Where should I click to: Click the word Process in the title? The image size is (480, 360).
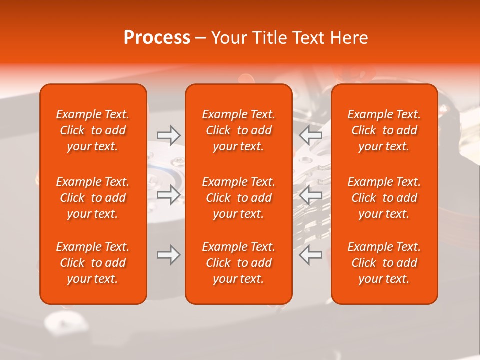click(157, 38)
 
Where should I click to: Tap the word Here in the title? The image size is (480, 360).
click(349, 38)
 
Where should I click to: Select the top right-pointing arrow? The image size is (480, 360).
click(169, 135)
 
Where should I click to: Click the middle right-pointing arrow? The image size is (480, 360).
click(169, 195)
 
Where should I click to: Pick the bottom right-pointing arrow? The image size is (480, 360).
click(169, 255)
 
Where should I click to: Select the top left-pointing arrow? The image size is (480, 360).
click(311, 135)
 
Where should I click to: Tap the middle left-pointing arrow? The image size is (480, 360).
click(311, 195)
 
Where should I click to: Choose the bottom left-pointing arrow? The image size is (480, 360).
click(311, 255)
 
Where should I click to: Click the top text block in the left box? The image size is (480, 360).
click(93, 130)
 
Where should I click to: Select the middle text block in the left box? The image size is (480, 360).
click(93, 198)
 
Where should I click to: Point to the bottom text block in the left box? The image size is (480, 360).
click(93, 263)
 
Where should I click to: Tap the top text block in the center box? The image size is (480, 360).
click(239, 130)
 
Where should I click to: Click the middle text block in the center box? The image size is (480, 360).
click(239, 198)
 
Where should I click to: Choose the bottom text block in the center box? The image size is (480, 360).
click(239, 263)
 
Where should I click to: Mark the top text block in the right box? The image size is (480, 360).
click(384, 130)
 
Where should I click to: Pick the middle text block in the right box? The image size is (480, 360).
click(384, 198)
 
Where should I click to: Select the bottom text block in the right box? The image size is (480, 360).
click(384, 263)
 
